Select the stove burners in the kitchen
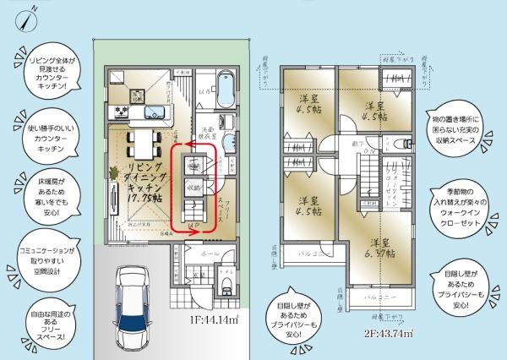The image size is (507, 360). (x=120, y=112)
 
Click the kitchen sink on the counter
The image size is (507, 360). (x=157, y=112)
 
